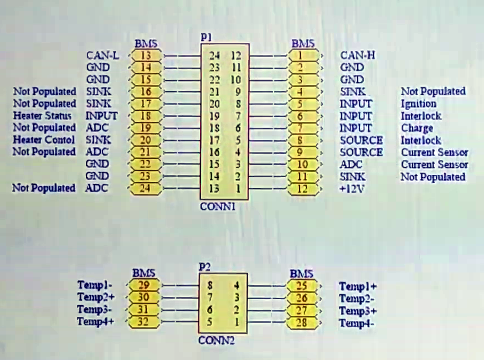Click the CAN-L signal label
[102, 55]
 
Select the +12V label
[352, 188]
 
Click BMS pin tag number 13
[146, 55]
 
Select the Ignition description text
[418, 104]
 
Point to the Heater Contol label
[44, 140]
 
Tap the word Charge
[416, 128]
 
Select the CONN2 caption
[216, 341]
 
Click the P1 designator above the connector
[207, 38]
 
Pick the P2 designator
[205, 268]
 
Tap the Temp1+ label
[358, 286]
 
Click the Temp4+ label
[95, 321]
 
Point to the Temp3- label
[95, 309]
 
